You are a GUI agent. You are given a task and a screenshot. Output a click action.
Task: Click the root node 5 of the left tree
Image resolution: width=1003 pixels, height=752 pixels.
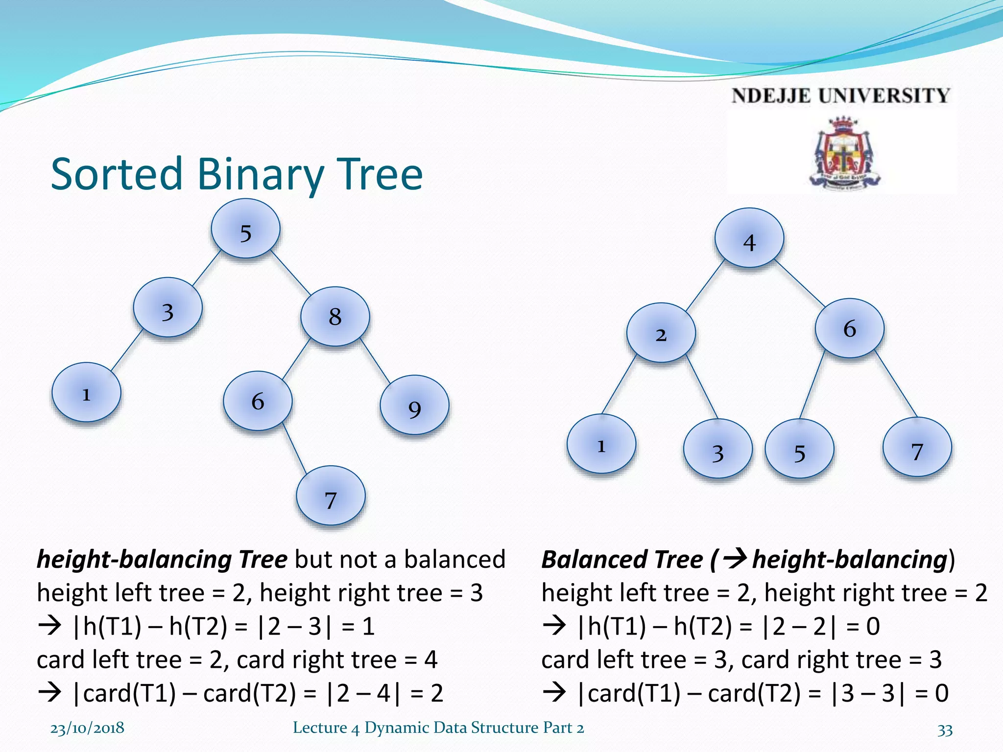[x=245, y=229]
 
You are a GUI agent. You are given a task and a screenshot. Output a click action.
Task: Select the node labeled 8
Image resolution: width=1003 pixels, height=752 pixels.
[x=335, y=316]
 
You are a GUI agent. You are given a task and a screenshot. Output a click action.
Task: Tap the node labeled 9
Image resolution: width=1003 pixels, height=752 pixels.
[x=414, y=405]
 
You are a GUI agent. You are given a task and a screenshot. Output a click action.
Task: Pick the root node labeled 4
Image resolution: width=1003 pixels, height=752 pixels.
[x=749, y=238]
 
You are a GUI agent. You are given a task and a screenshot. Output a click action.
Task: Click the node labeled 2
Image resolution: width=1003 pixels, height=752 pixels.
[x=661, y=332]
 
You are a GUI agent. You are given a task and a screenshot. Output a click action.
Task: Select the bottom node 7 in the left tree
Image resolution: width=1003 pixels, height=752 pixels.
[x=331, y=495]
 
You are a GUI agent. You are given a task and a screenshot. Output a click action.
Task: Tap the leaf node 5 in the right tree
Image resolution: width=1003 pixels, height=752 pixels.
[x=799, y=448]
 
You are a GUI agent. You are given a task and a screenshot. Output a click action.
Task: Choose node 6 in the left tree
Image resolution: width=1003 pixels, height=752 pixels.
[x=258, y=401]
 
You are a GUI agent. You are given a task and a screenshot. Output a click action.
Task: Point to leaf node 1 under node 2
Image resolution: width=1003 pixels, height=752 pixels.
[x=601, y=444]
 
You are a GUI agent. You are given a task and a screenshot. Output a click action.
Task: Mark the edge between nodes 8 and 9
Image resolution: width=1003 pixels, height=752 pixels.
[x=375, y=360]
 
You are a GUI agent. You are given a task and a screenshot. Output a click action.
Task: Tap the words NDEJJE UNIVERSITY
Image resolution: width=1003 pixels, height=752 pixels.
[x=840, y=95]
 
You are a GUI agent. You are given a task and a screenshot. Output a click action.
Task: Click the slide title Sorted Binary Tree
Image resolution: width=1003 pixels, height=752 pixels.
[x=237, y=174]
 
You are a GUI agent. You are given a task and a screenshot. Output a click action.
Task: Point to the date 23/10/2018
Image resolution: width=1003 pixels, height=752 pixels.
[x=87, y=728]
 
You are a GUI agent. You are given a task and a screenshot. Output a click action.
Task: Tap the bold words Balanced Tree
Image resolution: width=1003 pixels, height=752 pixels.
[x=622, y=560]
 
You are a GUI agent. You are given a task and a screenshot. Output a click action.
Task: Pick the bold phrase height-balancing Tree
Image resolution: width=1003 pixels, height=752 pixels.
[x=162, y=560]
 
